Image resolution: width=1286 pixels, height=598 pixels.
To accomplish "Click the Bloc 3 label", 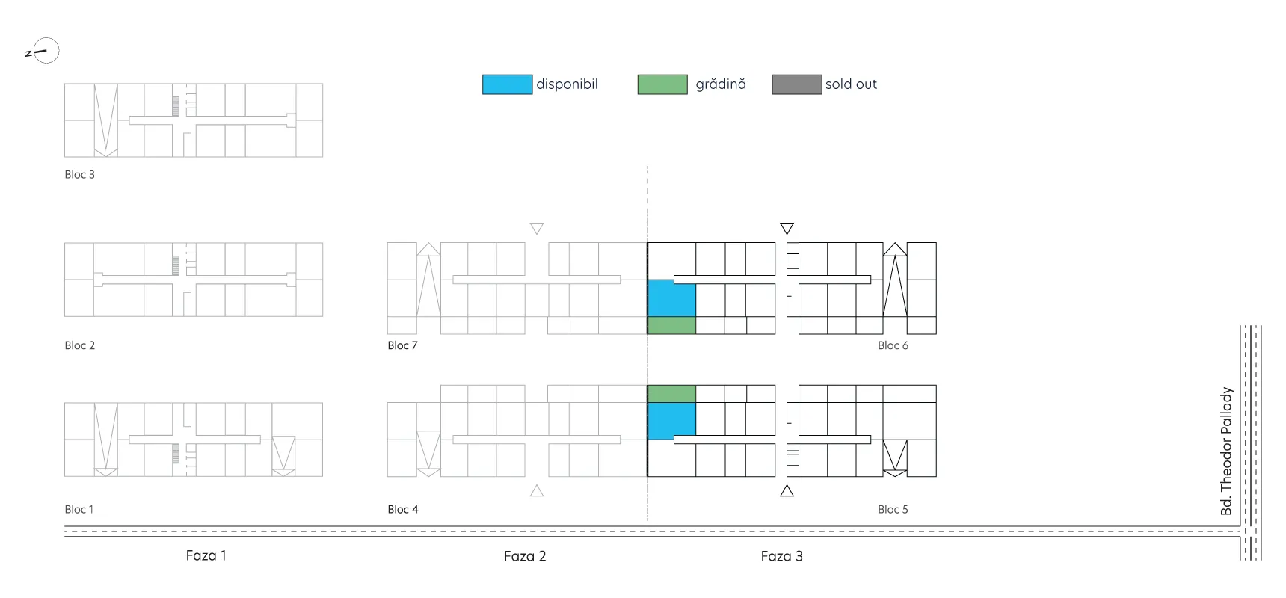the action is coord(79,174).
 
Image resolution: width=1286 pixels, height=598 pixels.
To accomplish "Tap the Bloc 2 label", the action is coord(79,345).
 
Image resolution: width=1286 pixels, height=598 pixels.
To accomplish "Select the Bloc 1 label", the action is coord(79,509).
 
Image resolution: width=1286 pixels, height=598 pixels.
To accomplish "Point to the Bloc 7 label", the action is coord(402,345).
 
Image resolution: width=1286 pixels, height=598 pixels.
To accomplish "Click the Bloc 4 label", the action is coord(402,509).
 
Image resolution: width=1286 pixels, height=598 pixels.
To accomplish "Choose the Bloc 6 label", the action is coord(893,345).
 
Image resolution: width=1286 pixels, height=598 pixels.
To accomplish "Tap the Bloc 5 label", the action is coord(893,509).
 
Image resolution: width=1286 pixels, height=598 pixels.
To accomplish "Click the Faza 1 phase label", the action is coord(206,555).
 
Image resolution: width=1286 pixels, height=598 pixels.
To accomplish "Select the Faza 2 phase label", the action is coord(525,556).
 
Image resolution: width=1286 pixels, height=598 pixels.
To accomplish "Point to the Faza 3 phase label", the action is coord(781,556).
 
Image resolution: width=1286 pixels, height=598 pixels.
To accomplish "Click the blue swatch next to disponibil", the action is coord(507,84).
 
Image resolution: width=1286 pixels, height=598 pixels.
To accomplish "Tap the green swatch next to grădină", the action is coord(662,84).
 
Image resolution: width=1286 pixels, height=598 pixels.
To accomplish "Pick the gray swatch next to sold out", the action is coord(797,84).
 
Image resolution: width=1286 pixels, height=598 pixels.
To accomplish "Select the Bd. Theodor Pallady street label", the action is coord(1226,451).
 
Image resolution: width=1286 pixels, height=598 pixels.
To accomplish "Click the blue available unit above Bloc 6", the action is coord(671,298).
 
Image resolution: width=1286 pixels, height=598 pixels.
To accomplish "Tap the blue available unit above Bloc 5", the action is coord(671,421).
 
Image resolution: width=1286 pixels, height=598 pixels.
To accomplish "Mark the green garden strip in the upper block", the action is coord(671,325).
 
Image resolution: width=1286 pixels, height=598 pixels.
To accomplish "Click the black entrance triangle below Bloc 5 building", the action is coord(787,491).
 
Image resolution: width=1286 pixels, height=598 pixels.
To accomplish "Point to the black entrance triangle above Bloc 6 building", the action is coord(787,228).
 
